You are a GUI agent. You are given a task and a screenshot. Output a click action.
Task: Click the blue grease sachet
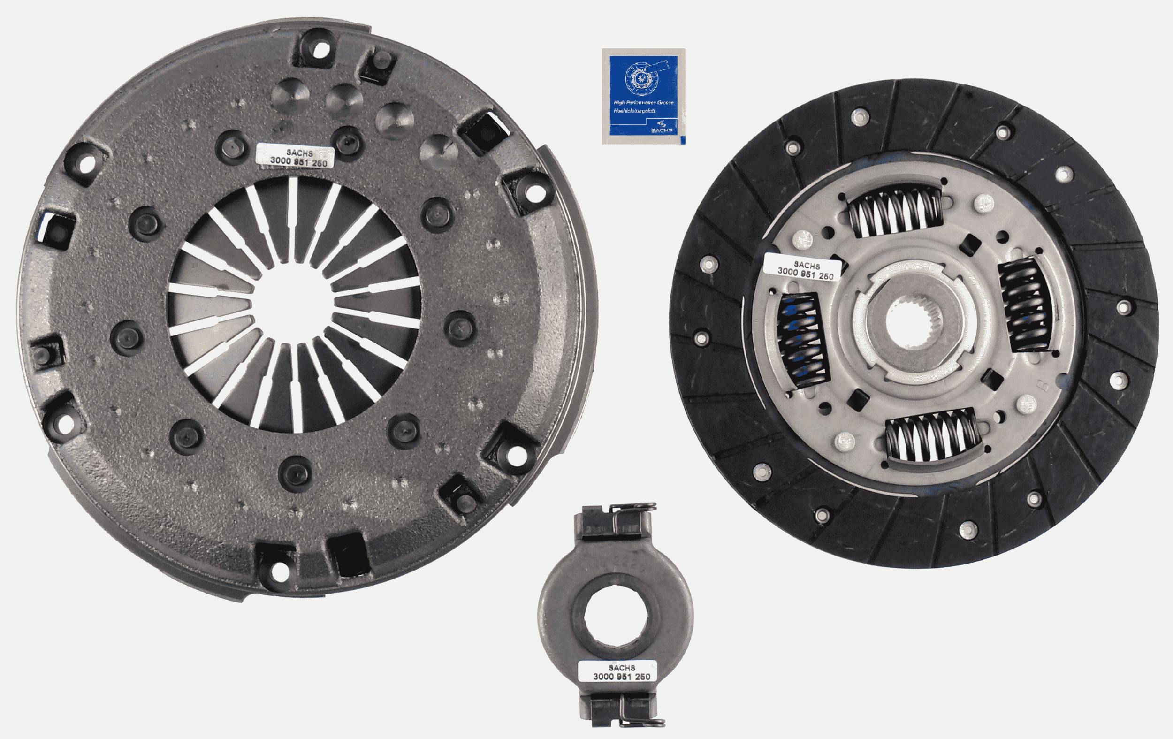(x=643, y=96)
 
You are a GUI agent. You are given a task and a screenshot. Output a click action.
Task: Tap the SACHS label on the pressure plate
(x=295, y=156)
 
